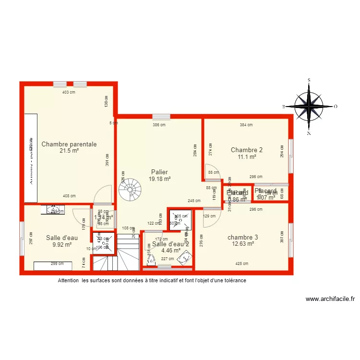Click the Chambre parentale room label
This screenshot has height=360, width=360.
point(69,144)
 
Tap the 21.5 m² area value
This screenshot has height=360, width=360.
point(69,151)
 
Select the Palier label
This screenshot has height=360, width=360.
point(159,172)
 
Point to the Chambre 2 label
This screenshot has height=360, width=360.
point(247,149)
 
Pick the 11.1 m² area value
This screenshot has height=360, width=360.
point(247,156)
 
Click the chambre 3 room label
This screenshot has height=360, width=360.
point(243,237)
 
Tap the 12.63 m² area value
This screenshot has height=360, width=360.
point(243,243)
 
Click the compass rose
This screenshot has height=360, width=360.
point(308,106)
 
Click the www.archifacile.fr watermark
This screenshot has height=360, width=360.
point(330,299)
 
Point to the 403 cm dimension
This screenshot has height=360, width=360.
point(69,92)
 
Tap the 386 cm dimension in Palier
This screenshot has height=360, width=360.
point(159,125)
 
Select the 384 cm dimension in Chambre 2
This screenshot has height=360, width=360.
point(246,125)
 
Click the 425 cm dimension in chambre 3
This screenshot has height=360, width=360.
point(242,264)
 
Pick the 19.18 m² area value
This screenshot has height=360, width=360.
point(159,179)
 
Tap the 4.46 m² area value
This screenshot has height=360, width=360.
point(171,250)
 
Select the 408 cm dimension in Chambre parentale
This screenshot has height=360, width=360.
point(69,196)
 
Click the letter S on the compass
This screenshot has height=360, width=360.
point(309,80)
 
